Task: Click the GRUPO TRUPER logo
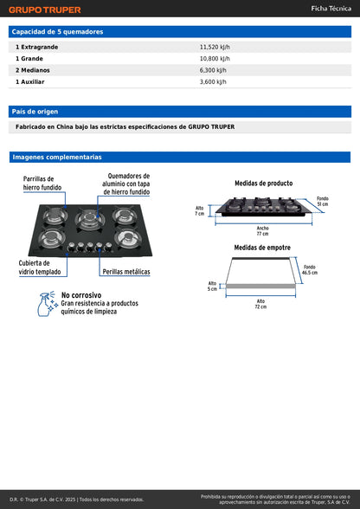[45, 10]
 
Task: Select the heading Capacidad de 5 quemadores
[57, 31]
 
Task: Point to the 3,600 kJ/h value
[213, 81]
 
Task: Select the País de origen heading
[35, 111]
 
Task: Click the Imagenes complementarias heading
[57, 158]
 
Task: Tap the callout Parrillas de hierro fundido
[42, 183]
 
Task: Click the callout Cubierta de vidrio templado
[35, 267]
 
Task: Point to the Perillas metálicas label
[126, 272]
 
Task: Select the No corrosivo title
[87, 295]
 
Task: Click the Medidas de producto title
[263, 184]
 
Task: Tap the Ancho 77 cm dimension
[262, 230]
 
